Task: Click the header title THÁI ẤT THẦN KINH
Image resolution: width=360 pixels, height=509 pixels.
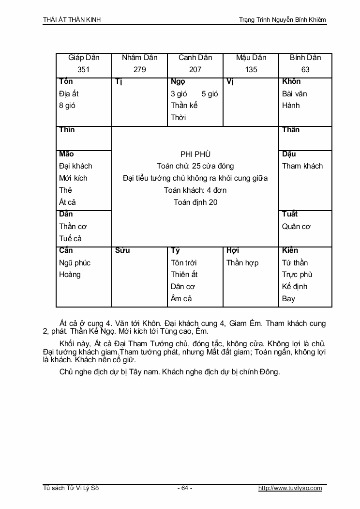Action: [72, 20]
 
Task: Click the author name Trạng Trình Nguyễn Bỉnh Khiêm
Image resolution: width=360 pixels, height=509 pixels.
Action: [283, 20]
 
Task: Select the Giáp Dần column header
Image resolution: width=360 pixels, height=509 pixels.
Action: [84, 58]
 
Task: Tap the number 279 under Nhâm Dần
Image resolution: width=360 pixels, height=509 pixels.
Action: [139, 70]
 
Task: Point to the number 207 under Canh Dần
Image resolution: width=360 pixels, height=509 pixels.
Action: [195, 70]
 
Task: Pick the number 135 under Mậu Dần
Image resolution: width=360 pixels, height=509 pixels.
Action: [251, 70]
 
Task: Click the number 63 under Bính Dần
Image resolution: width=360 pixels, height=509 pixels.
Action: [305, 70]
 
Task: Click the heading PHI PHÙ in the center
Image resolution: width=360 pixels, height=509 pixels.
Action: [195, 154]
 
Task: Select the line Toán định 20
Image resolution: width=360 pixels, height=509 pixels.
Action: [195, 202]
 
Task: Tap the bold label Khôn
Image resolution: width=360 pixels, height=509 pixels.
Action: [291, 81]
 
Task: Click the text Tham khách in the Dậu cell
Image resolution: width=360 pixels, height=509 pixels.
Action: [302, 166]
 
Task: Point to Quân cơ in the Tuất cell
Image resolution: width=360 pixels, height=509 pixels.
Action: [296, 227]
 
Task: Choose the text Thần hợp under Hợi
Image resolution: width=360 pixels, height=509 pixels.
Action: [242, 263]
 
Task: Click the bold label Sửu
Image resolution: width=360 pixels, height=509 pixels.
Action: [123, 251]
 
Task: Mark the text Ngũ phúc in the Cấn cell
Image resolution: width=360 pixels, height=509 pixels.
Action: [75, 263]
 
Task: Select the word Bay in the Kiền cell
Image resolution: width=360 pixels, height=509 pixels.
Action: [288, 299]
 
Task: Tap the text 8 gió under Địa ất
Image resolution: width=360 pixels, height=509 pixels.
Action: [67, 106]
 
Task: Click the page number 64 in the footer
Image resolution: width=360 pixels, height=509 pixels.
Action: [184, 488]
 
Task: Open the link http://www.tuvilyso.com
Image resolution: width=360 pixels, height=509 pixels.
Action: [290, 488]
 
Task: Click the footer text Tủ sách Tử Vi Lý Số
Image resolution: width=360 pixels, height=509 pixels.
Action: [71, 488]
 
